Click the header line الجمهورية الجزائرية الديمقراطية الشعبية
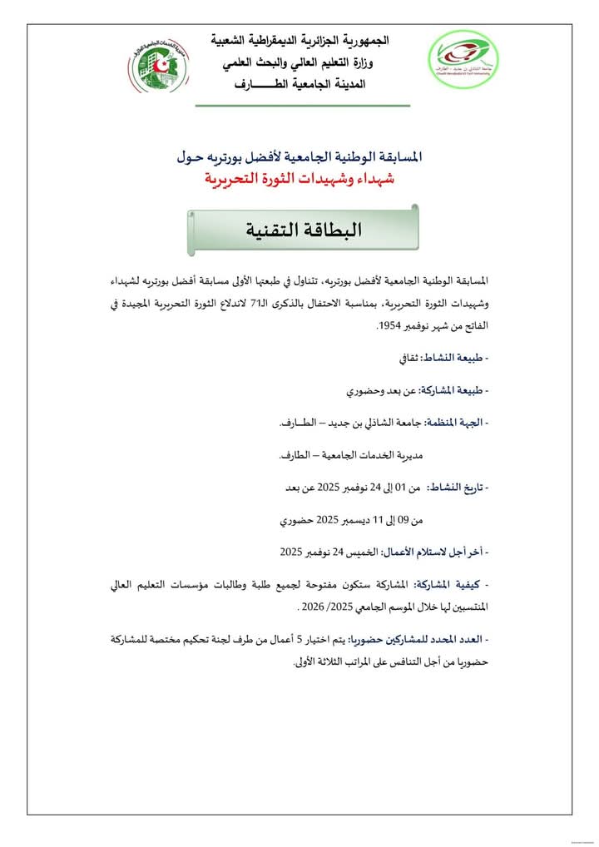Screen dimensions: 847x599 (x=300, y=40)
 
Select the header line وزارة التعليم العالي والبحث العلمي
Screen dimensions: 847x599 (x=299, y=62)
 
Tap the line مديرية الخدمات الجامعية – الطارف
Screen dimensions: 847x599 (x=349, y=455)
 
